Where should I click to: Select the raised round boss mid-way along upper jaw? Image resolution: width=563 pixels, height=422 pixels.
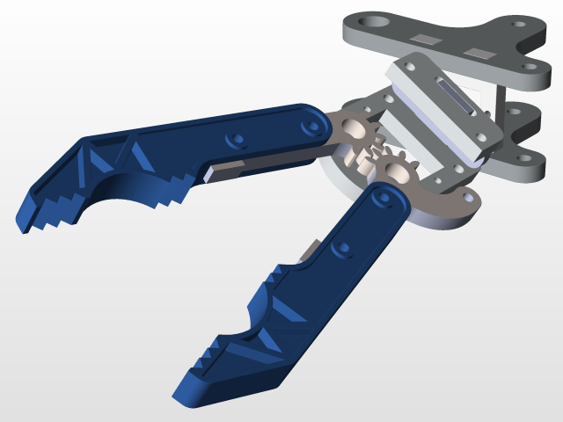pos(234,141)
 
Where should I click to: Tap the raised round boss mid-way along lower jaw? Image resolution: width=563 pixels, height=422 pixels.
pos(342,249)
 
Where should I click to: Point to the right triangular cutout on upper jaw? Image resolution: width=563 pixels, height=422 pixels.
pos(135,158)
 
